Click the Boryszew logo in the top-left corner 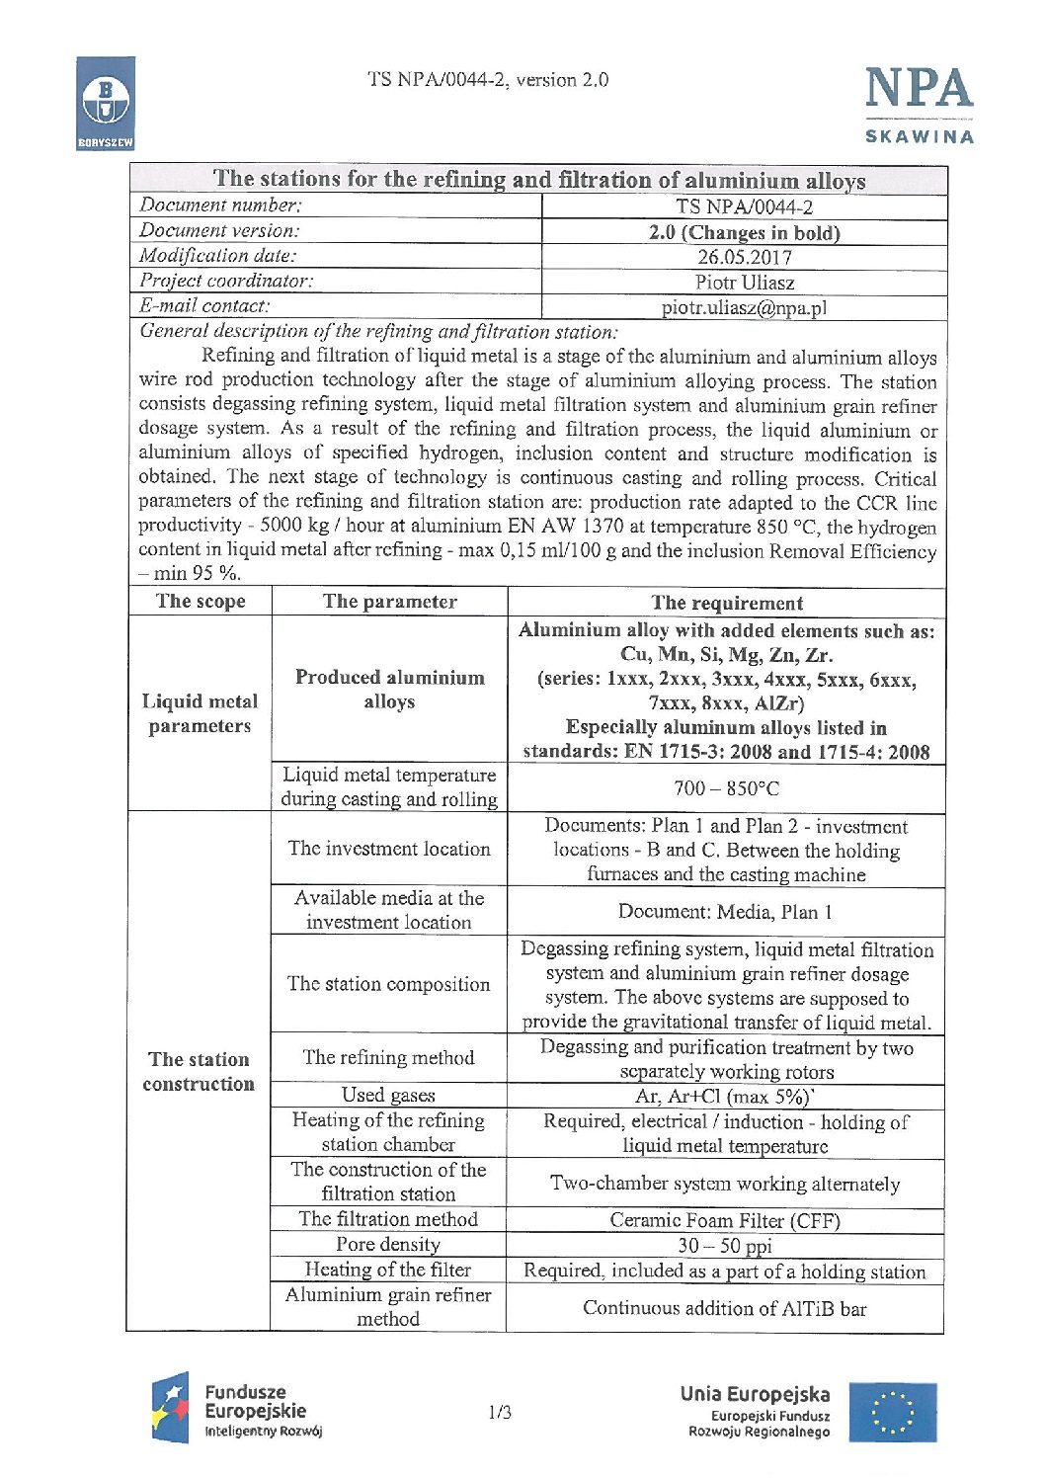tap(105, 102)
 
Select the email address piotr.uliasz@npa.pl tap(744, 308)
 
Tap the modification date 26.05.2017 tap(744, 258)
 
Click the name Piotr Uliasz tap(744, 283)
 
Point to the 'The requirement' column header tap(727, 603)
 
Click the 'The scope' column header tap(201, 602)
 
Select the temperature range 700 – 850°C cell tap(727, 788)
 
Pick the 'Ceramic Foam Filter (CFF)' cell tap(725, 1220)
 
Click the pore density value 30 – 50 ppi tap(725, 1246)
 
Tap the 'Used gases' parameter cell tap(388, 1095)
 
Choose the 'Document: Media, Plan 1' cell tap(725, 911)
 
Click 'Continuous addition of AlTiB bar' tap(725, 1308)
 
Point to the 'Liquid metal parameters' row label tap(200, 713)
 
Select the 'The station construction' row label tap(199, 1071)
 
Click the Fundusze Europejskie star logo tap(170, 1407)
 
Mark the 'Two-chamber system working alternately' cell tap(725, 1184)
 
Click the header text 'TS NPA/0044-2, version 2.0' tap(488, 80)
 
